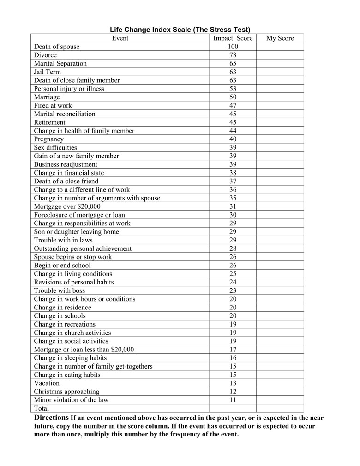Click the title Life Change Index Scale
pyautogui.click(x=180, y=30)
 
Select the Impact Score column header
pyautogui.click(x=233, y=38)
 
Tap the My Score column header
pyautogui.click(x=280, y=38)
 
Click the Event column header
pyautogui.click(x=120, y=38)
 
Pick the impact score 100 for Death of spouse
pyautogui.click(x=233, y=47)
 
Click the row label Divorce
pyautogui.click(x=45, y=55)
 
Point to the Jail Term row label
pyautogui.click(x=47, y=72)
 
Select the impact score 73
pyautogui.click(x=233, y=55)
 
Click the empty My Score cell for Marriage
pyautogui.click(x=280, y=97)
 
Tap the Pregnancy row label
pyautogui.click(x=49, y=139)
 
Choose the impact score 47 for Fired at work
pyautogui.click(x=233, y=105)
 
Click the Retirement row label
pyautogui.click(x=50, y=122)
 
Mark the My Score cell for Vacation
pyautogui.click(x=280, y=383)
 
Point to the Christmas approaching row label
pyautogui.click(x=66, y=392)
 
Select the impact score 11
pyautogui.click(x=233, y=400)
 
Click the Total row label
pyautogui.click(x=42, y=408)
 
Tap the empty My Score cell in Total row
pyautogui.click(x=280, y=408)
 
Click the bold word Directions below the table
pyautogui.click(x=51, y=418)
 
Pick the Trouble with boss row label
pyautogui.click(x=60, y=290)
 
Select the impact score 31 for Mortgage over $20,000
pyautogui.click(x=233, y=206)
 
